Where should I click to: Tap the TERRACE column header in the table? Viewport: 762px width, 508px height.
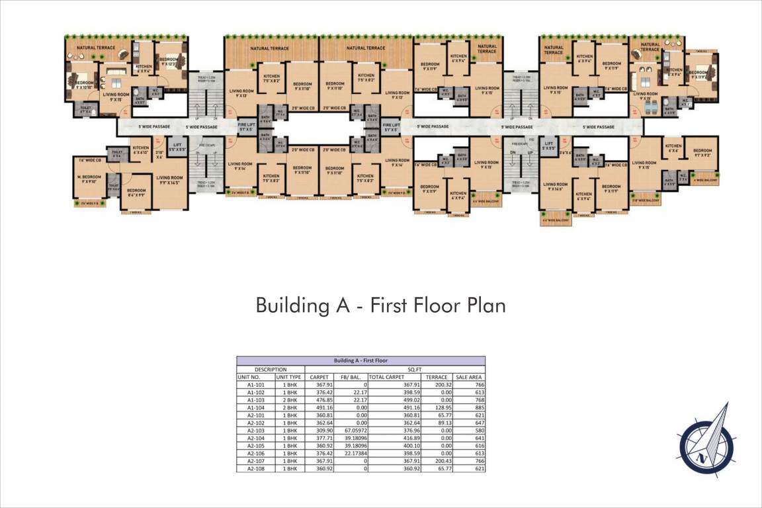(x=437, y=377)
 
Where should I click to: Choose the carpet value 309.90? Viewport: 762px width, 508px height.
(x=319, y=431)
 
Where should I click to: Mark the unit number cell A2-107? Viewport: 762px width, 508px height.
(x=256, y=461)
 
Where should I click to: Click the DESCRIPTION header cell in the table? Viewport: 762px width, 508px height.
(x=270, y=369)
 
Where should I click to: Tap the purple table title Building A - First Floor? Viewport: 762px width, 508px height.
(x=360, y=360)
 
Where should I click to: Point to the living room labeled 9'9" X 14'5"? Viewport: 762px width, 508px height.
(x=169, y=180)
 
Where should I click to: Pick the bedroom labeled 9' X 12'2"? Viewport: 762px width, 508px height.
(x=169, y=62)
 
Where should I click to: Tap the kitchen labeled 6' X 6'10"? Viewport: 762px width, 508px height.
(x=140, y=150)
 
